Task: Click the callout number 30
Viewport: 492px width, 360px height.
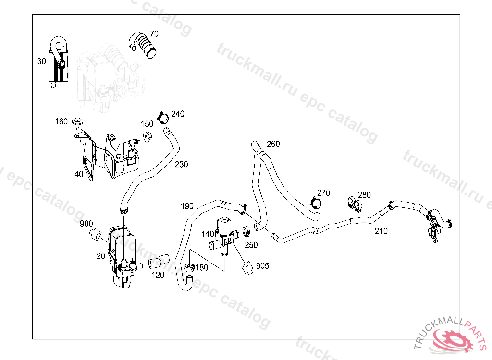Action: click(x=42, y=61)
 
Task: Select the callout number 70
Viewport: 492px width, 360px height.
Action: click(x=154, y=34)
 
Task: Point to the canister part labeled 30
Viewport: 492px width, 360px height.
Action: click(x=60, y=65)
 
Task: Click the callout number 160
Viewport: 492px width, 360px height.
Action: click(x=61, y=121)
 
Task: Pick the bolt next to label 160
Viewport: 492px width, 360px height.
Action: click(x=77, y=122)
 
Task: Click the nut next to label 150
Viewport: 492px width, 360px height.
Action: click(x=148, y=135)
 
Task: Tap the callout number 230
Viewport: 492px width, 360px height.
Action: click(x=182, y=164)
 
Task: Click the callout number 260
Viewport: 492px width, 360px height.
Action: click(x=273, y=144)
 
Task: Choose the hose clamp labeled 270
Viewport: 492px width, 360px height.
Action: click(x=316, y=202)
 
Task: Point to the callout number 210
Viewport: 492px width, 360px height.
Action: click(x=381, y=231)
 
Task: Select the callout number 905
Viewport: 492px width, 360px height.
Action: click(x=262, y=266)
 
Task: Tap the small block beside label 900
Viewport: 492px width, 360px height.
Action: click(x=95, y=235)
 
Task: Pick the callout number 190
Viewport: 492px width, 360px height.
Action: click(x=187, y=206)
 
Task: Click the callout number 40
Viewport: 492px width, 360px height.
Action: click(x=79, y=174)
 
